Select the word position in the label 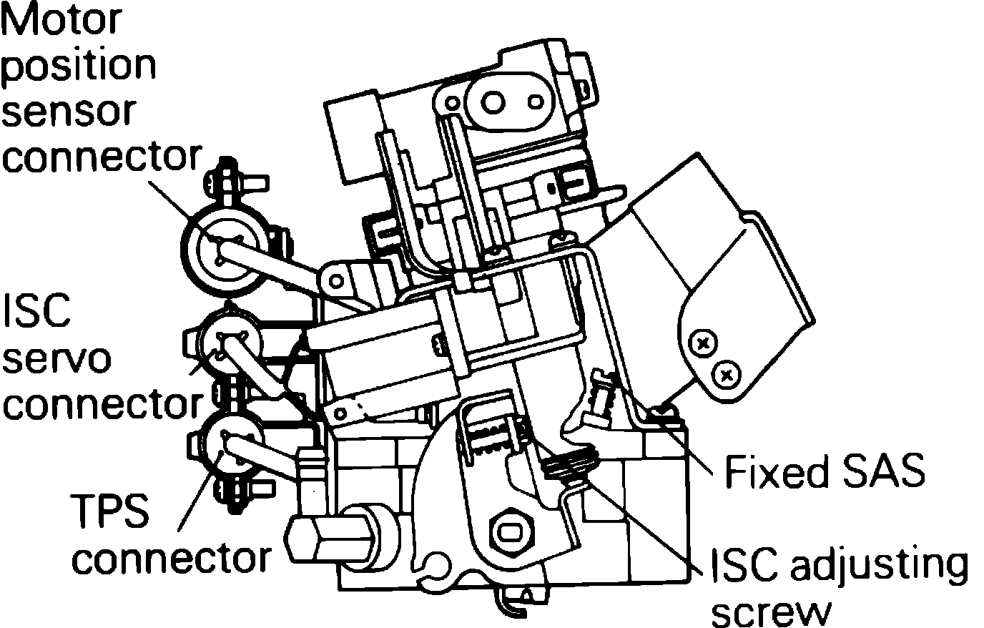(x=79, y=65)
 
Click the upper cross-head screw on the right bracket (x=704, y=344)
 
